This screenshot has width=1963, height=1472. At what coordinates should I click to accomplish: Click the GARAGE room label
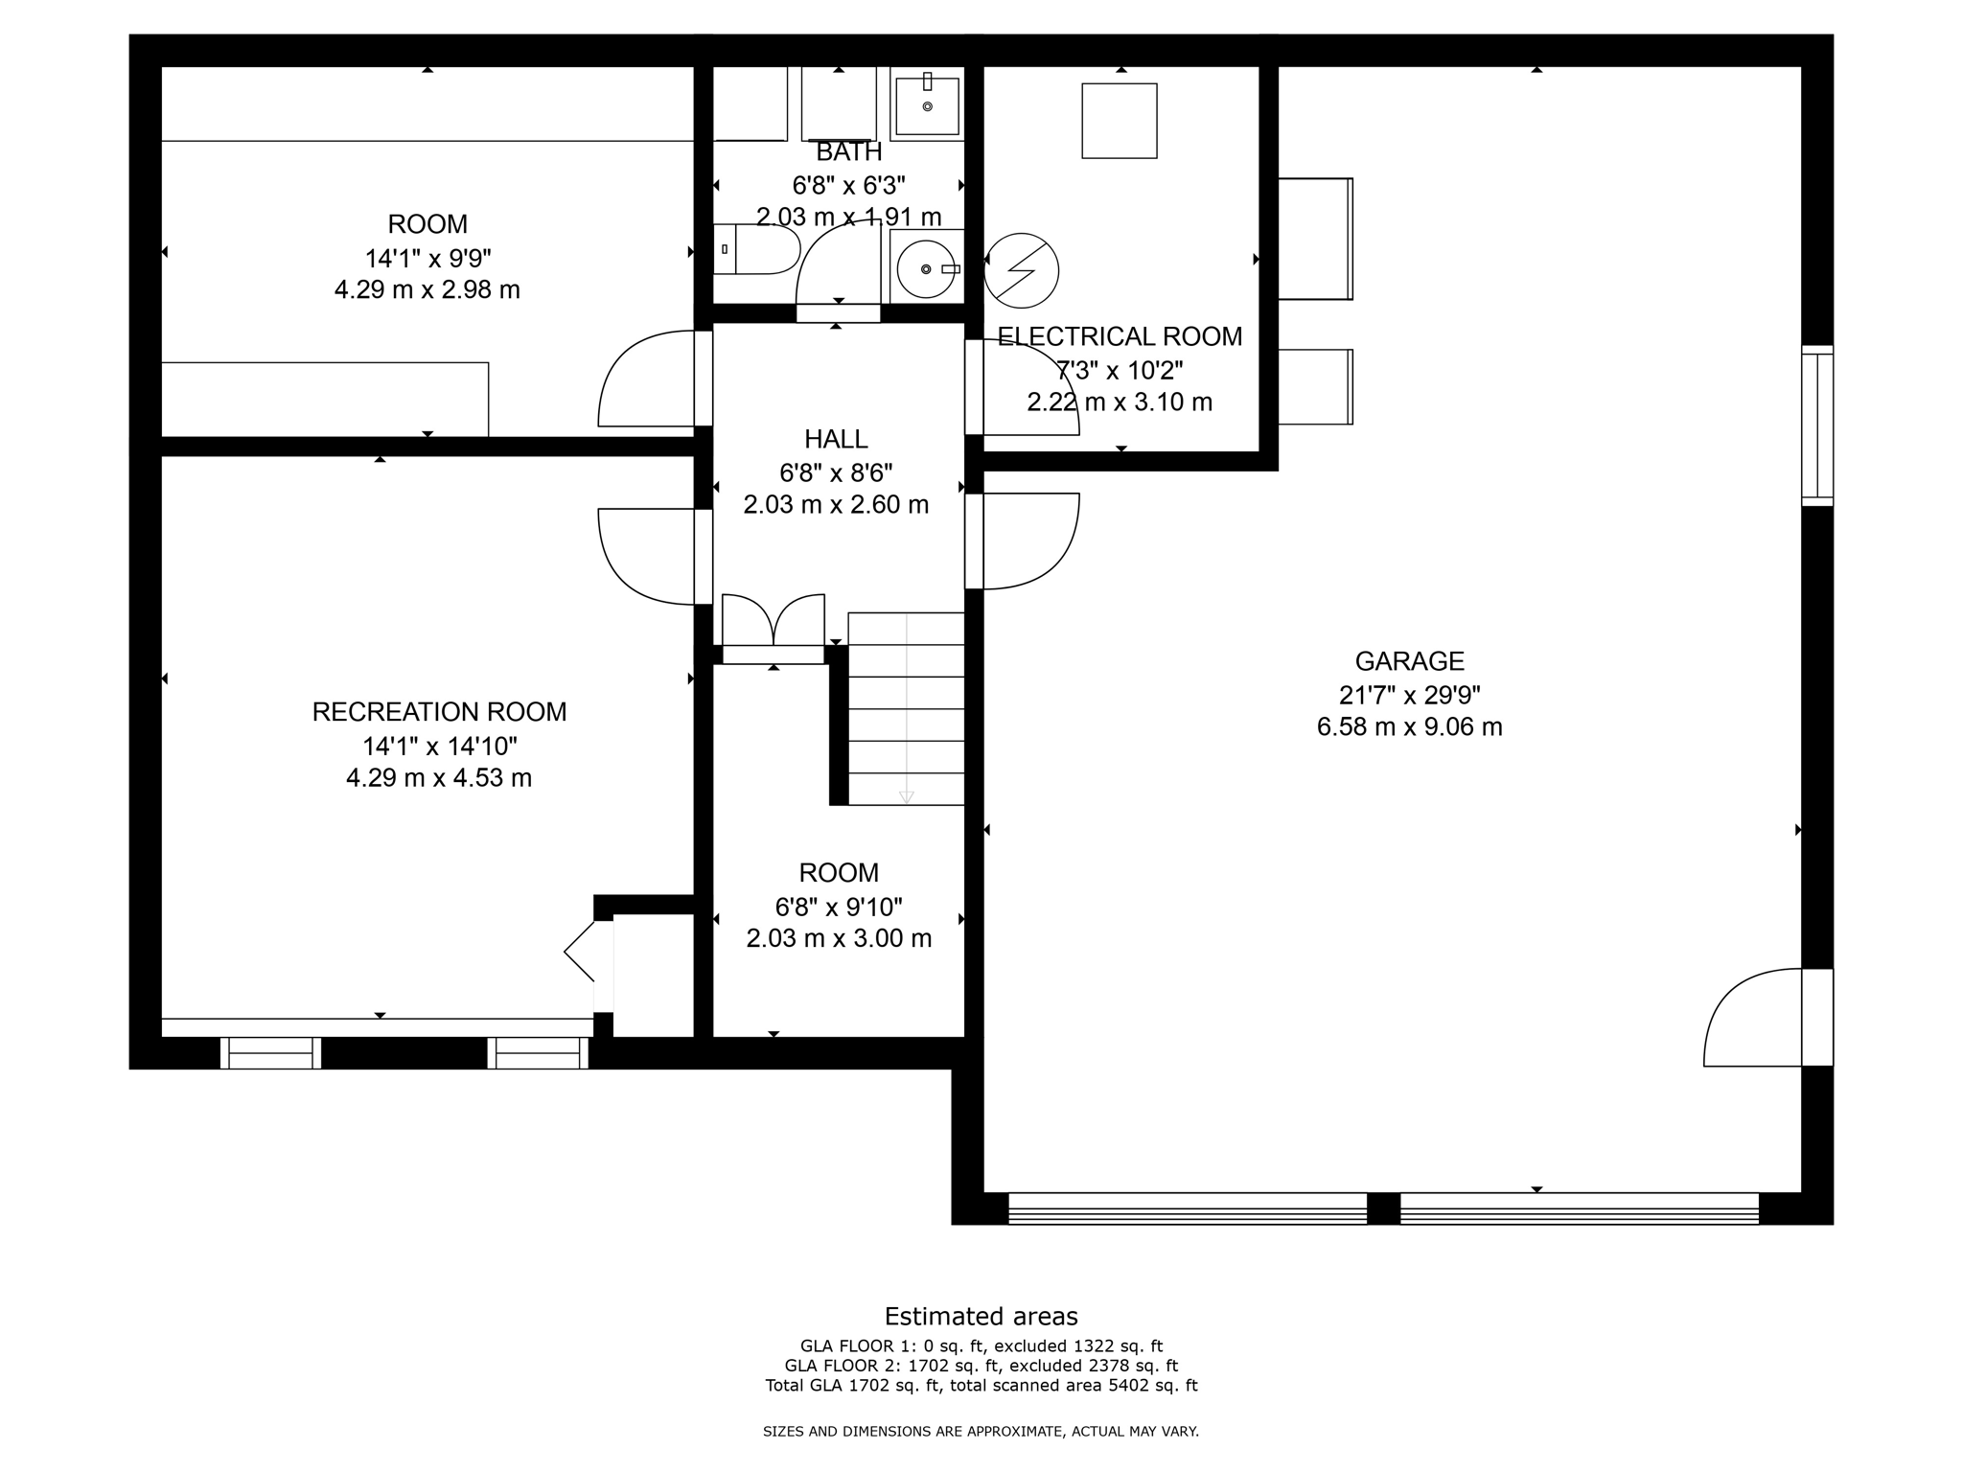tap(1409, 661)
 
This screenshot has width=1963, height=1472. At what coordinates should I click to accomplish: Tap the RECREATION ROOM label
tap(439, 712)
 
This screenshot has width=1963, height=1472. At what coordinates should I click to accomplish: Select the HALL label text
tap(836, 439)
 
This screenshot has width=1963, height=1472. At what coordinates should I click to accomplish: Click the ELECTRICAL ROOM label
tap(1120, 336)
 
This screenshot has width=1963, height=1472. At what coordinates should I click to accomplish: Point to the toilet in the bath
tap(757, 249)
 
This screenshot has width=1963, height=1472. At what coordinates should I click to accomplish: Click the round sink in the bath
tap(926, 269)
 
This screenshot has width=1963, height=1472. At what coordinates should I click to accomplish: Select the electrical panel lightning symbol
tap(1022, 270)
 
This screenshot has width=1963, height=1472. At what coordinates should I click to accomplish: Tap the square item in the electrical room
tap(1120, 121)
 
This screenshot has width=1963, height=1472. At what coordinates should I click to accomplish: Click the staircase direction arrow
tap(906, 796)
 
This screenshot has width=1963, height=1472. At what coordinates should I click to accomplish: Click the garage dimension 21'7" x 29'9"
tap(1409, 695)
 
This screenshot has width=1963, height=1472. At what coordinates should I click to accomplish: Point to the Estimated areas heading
tap(981, 1316)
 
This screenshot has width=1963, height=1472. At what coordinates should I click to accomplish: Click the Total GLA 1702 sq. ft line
tap(981, 1385)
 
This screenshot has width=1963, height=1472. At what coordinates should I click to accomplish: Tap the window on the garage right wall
tap(1816, 425)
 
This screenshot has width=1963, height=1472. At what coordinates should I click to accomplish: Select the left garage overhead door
tap(1187, 1207)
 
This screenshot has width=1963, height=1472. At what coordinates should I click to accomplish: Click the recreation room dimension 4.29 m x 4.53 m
tap(439, 777)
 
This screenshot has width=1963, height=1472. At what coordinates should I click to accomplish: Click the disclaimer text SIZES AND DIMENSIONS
tap(981, 1432)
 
